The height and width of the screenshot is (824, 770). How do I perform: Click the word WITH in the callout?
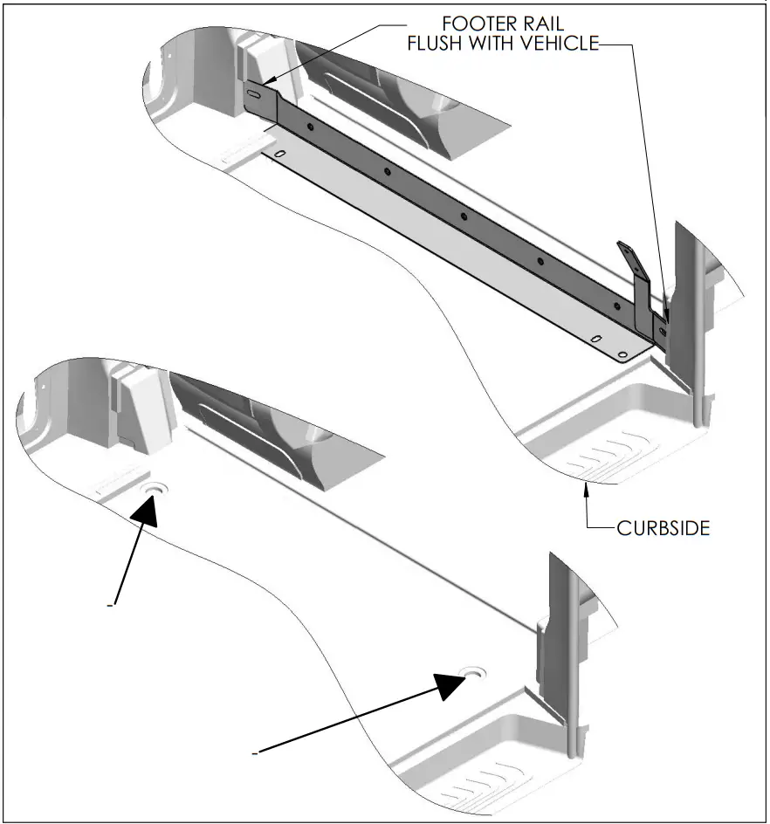500,45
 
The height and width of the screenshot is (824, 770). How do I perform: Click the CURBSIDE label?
663,528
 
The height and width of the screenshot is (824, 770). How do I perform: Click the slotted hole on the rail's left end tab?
255,94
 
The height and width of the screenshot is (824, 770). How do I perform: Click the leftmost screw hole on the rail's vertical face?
309,127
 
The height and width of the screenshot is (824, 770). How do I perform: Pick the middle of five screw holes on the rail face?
464,216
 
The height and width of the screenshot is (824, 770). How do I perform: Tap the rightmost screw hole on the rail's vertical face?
617,306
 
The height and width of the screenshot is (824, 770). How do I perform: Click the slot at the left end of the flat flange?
280,154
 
